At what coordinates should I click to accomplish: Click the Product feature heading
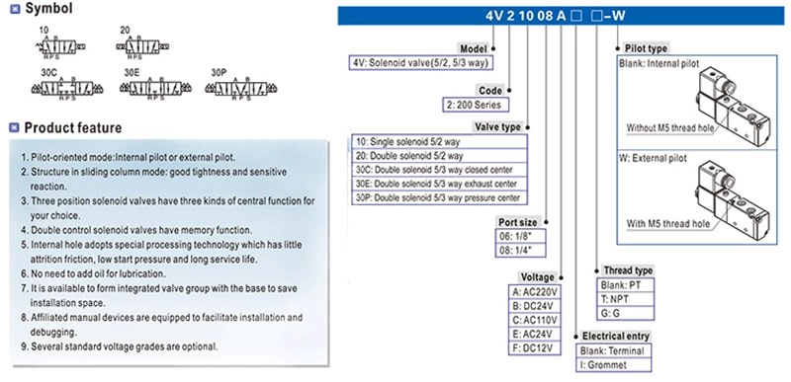click(x=72, y=127)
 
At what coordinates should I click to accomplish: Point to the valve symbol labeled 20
click(x=148, y=46)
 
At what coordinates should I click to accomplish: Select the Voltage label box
click(x=536, y=278)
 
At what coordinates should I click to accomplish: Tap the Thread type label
click(x=629, y=270)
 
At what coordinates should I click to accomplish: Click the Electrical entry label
click(x=614, y=336)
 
